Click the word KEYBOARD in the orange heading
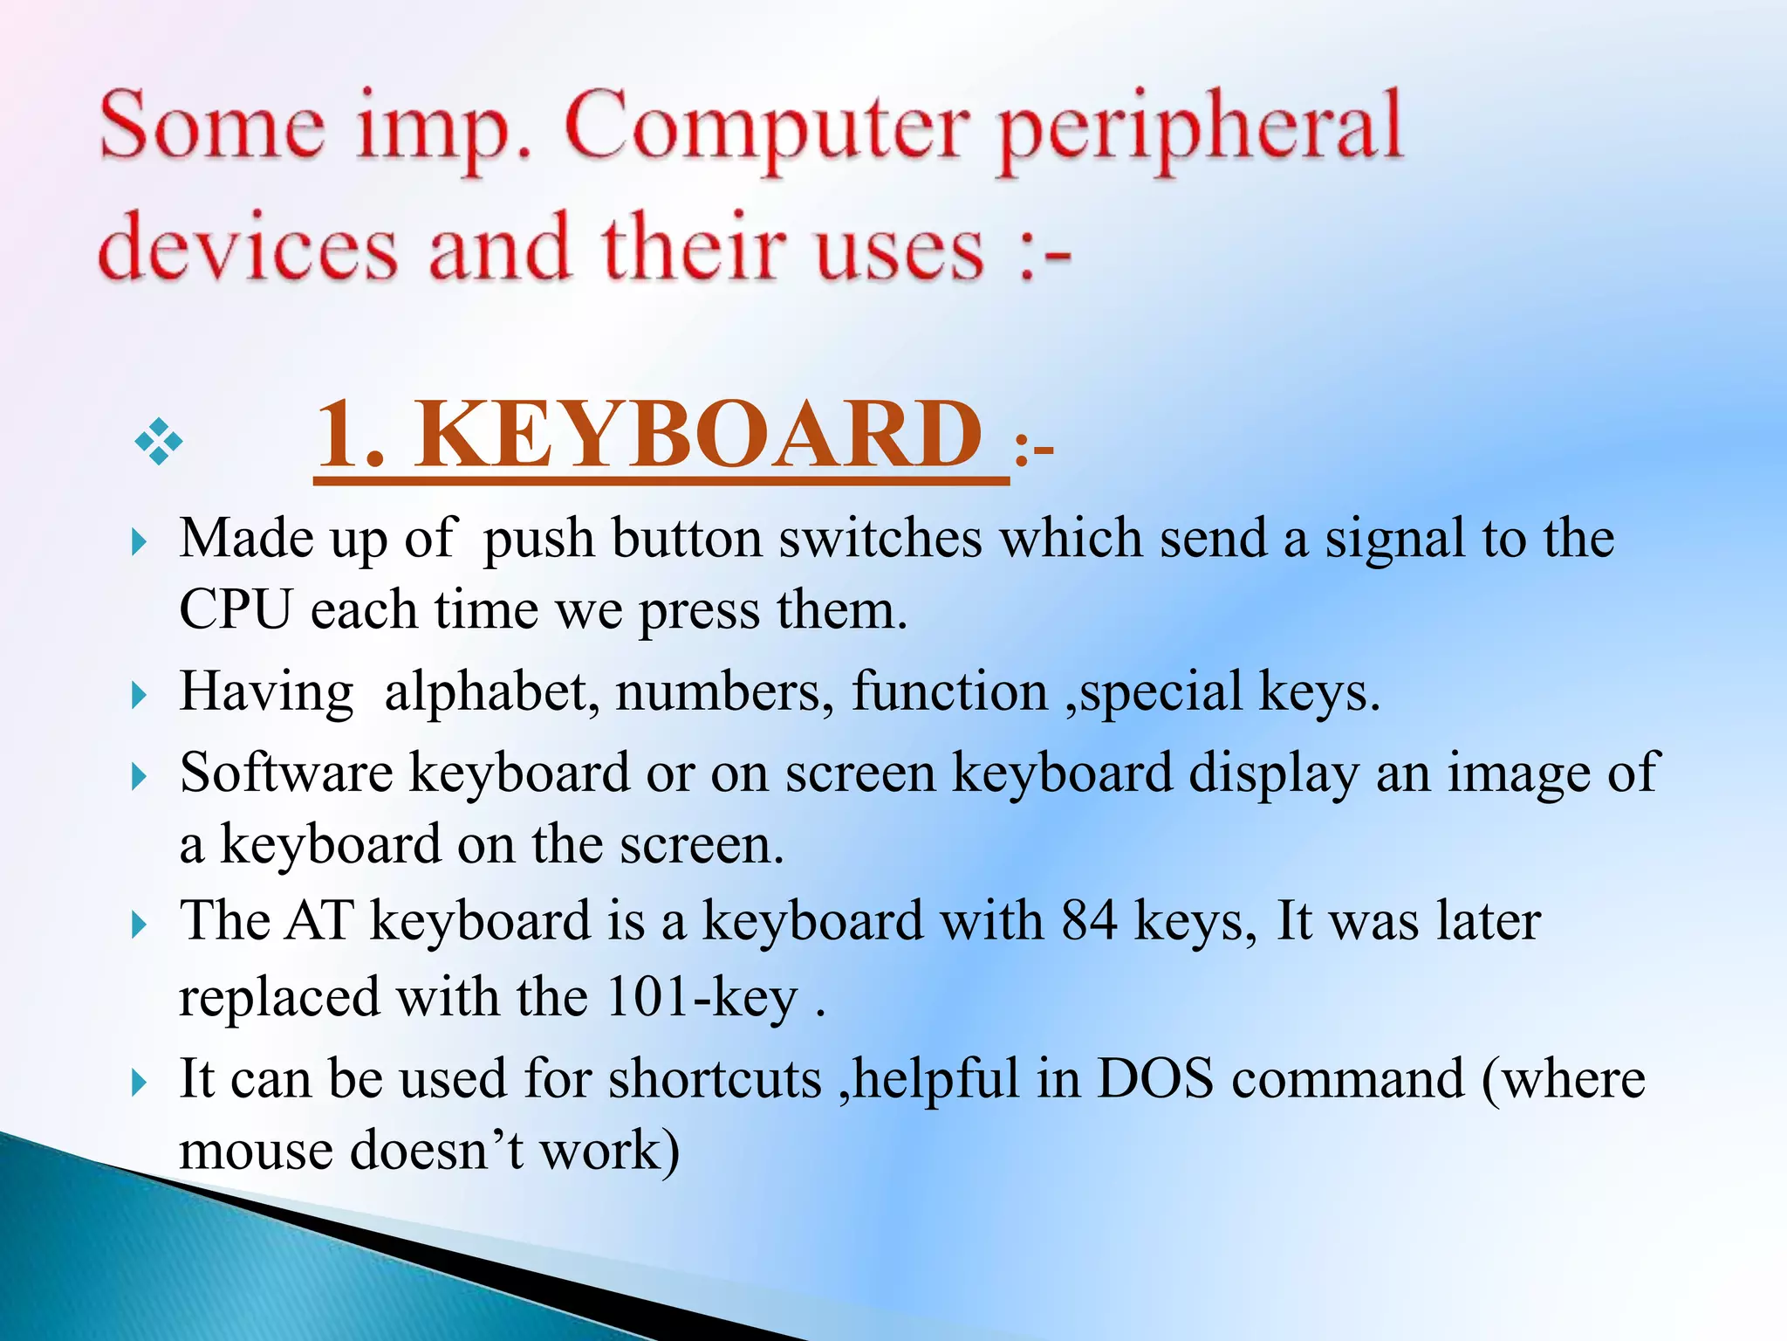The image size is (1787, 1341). (x=697, y=434)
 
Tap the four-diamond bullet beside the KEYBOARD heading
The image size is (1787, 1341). (x=159, y=441)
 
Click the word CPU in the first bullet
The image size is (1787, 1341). (x=235, y=609)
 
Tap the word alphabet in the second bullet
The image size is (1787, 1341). (x=491, y=692)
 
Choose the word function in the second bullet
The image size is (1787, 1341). (x=949, y=692)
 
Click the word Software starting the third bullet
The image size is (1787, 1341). (x=286, y=774)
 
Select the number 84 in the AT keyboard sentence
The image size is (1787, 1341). (x=1089, y=921)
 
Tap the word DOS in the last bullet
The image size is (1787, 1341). (x=1154, y=1078)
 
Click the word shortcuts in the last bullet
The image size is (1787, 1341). (x=715, y=1078)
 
